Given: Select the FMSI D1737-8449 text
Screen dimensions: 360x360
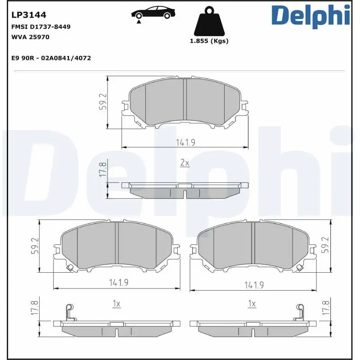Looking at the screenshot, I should [x=40, y=27].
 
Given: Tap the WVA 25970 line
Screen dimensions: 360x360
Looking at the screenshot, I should [x=30, y=37].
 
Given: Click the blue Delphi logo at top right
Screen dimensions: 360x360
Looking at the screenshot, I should [x=310, y=16].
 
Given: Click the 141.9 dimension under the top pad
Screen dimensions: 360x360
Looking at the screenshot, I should [x=185, y=143].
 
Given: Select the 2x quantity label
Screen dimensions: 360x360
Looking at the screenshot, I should [x=184, y=163].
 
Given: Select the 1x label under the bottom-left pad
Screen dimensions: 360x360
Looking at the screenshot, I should [x=116, y=304].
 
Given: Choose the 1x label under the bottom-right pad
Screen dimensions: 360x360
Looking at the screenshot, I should [x=252, y=304].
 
